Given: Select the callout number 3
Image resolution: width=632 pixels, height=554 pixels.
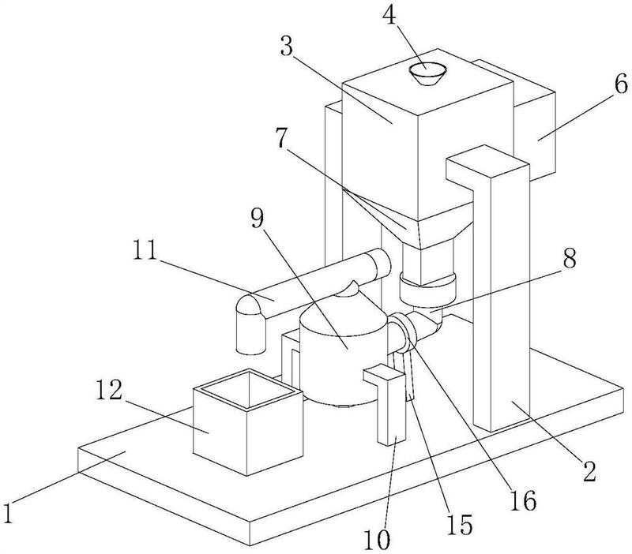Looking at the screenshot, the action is [x=287, y=47].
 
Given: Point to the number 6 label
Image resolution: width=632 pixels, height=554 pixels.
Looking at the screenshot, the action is [x=620, y=84].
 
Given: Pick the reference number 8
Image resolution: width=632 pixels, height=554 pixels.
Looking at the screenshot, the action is [x=569, y=258].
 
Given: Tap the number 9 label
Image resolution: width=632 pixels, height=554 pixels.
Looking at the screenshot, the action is [x=257, y=220].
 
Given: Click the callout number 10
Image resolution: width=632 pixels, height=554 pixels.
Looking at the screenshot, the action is [x=378, y=539].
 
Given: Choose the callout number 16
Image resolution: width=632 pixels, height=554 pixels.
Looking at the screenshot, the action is [x=523, y=500].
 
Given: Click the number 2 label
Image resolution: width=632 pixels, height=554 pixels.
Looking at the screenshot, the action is [x=589, y=471].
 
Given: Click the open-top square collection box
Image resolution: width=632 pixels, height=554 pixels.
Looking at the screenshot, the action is [x=248, y=422].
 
